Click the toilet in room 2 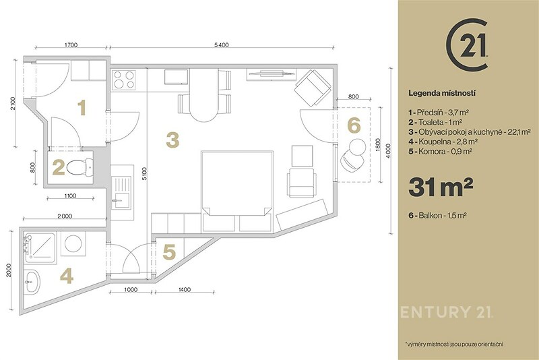(x=80, y=168)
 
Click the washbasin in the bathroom (x=32, y=282)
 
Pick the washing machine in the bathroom (x=73, y=243)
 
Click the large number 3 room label (x=172, y=140)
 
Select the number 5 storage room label (x=169, y=252)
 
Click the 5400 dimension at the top (x=221, y=44)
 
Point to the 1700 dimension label (x=71, y=44)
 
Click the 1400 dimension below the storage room (x=185, y=289)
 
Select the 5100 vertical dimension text (x=144, y=174)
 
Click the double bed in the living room (x=237, y=191)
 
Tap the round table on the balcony (x=357, y=147)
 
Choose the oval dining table (x=203, y=94)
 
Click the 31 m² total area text (x=441, y=187)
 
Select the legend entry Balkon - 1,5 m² (x=437, y=216)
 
